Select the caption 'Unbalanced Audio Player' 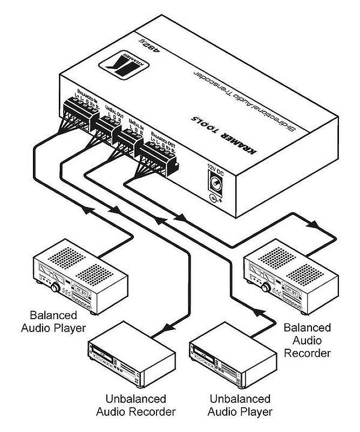240,406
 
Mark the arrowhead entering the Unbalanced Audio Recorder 169,328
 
